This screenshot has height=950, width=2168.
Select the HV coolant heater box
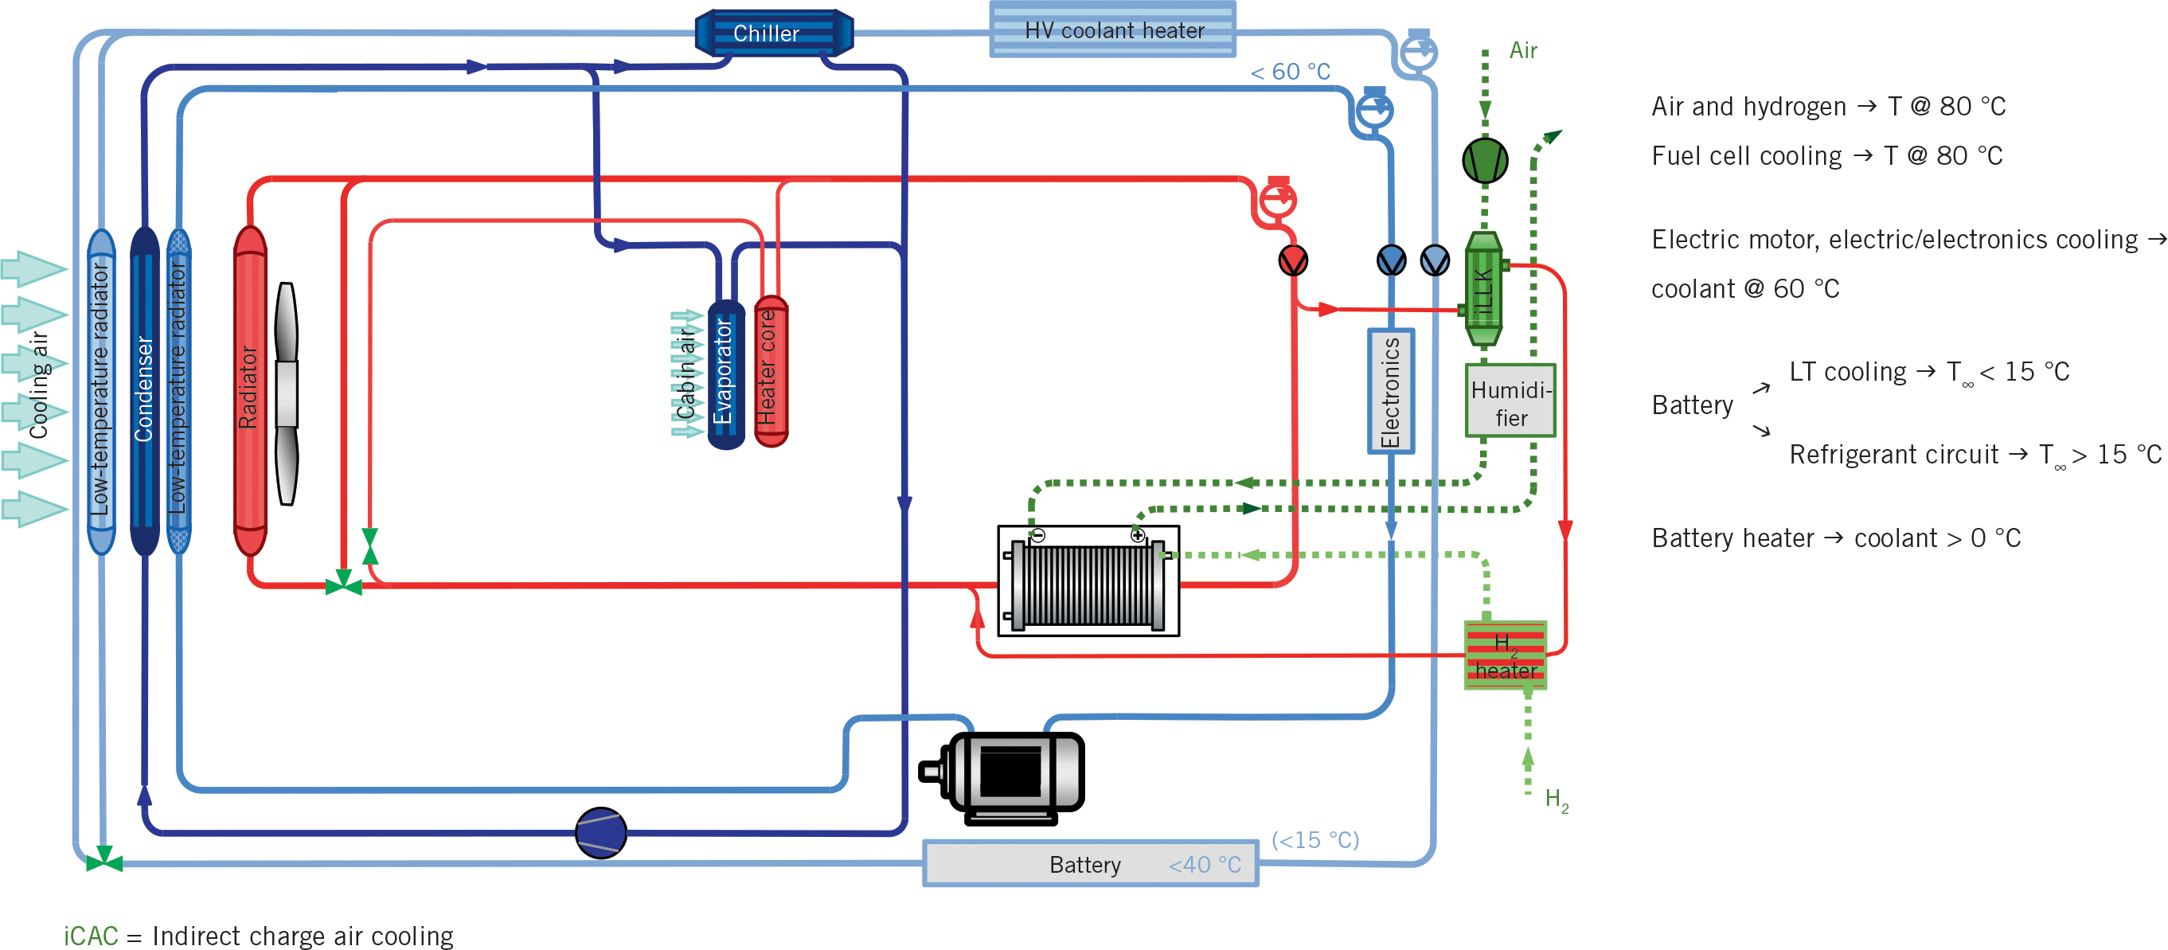(x=1111, y=29)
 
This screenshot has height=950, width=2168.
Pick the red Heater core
(x=770, y=370)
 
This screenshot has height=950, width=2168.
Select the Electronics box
(x=1389, y=391)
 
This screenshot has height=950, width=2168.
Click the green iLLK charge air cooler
(x=1484, y=290)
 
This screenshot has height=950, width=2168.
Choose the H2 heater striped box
(x=1505, y=655)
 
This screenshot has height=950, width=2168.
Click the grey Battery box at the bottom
(x=1090, y=863)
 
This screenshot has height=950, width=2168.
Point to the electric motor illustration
(x=1005, y=776)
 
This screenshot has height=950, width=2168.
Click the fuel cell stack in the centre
(x=1088, y=581)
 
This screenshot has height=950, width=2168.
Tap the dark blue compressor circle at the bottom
(x=600, y=833)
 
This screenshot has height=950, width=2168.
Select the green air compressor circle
(x=1485, y=160)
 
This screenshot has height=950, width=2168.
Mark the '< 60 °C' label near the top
(x=1289, y=72)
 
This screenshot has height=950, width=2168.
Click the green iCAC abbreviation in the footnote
(x=91, y=936)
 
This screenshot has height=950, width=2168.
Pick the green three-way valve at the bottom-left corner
(x=104, y=860)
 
